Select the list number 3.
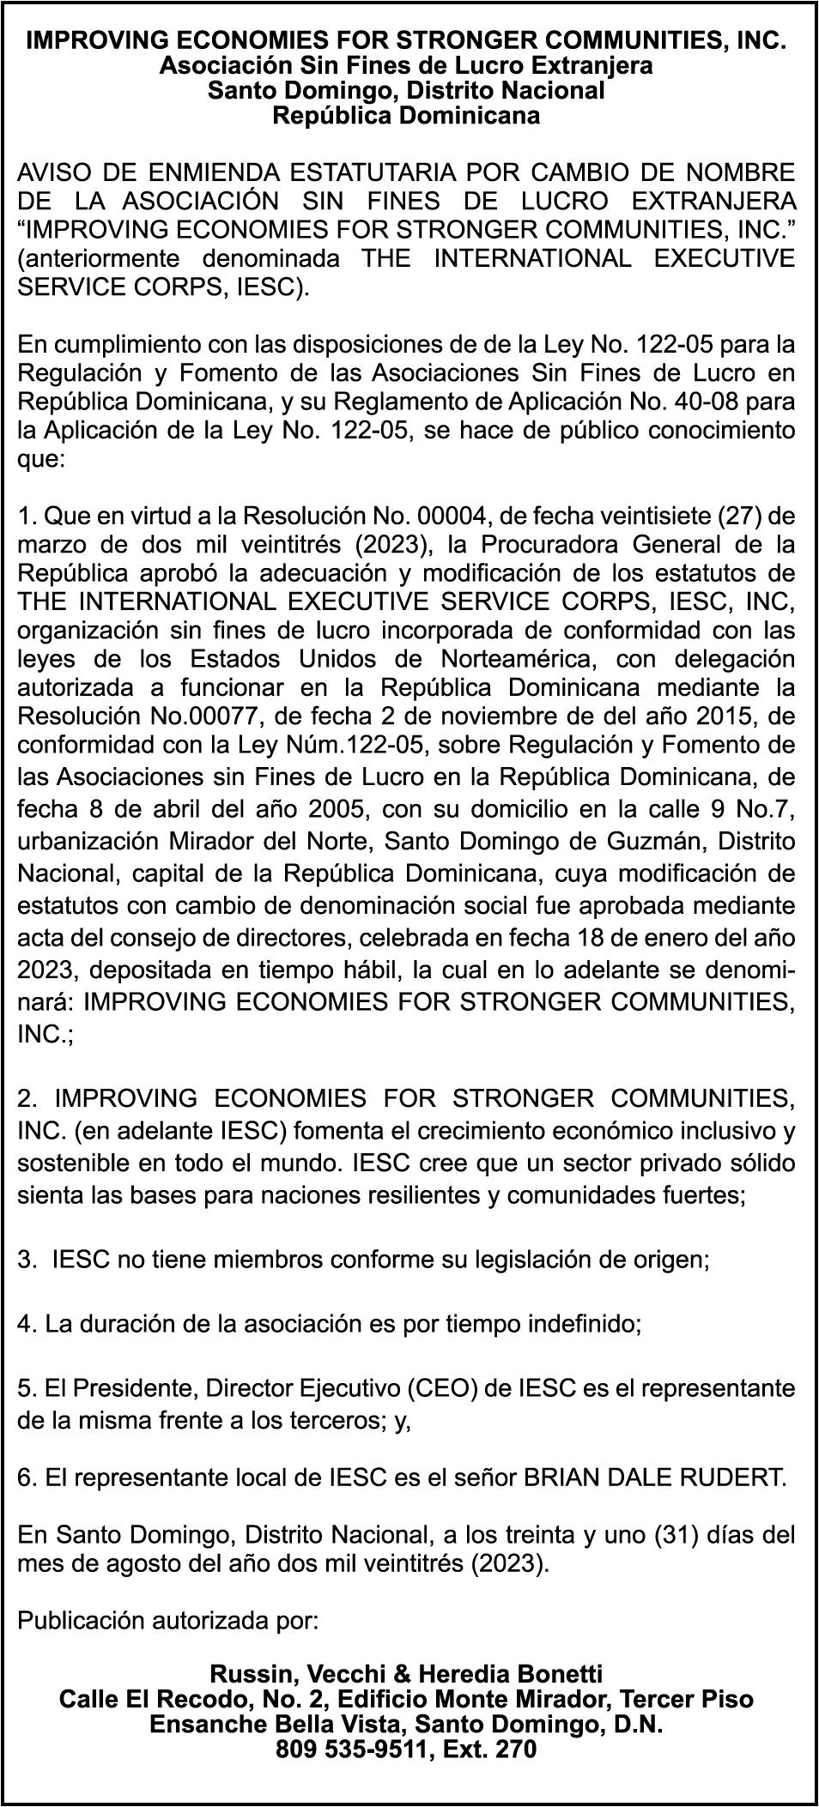click(x=26, y=1260)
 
